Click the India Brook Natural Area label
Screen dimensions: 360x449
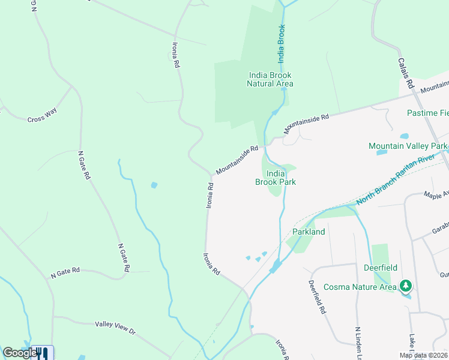[270, 79]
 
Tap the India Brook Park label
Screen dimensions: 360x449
[276, 178]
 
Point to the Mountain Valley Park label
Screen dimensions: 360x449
[408, 146]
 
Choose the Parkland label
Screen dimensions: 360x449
[309, 232]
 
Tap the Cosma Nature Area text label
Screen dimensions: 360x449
[360, 287]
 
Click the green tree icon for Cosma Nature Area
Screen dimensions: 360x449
[406, 286]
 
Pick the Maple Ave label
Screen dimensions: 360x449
[436, 195]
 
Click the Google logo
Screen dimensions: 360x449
[19, 353]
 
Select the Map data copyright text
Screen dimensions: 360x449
[424, 355]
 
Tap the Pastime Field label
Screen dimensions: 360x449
[427, 113]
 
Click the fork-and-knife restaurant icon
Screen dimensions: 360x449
[43, 353]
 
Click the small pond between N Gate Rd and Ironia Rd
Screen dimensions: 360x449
[154, 185]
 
